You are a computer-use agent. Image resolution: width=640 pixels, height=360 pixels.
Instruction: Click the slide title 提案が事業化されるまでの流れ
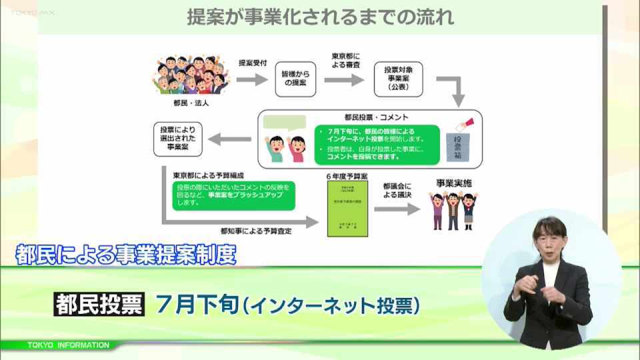[x=321, y=17]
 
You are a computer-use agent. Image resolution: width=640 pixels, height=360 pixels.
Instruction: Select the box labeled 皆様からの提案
[x=295, y=80]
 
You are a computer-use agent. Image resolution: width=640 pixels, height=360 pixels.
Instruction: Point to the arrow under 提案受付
[x=251, y=80]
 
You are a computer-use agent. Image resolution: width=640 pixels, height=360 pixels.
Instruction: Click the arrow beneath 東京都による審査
[x=345, y=80]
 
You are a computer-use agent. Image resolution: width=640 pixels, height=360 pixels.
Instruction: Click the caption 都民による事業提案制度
[x=125, y=255]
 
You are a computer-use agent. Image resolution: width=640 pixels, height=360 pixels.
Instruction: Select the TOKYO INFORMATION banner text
[x=69, y=345]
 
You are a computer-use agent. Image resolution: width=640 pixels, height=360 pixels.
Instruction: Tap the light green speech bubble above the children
[x=284, y=125]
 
